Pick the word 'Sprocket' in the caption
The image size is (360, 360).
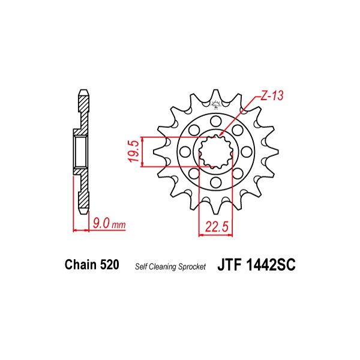coord(194,266)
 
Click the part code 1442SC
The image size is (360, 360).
coord(269,265)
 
